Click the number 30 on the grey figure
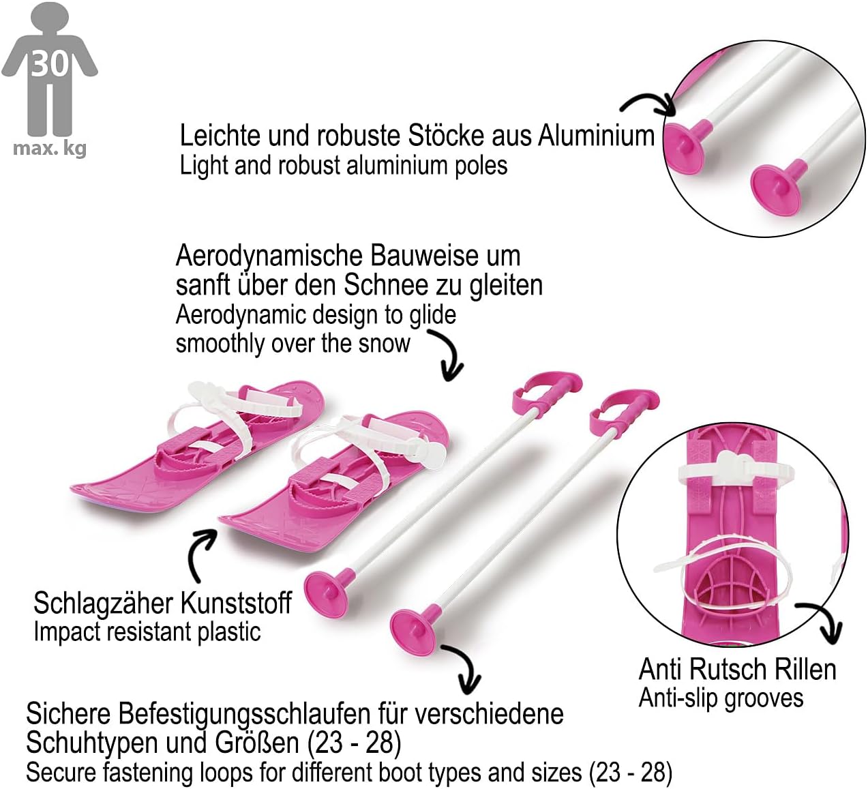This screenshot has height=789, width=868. click(x=50, y=63)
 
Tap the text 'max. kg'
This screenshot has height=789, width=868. click(x=50, y=148)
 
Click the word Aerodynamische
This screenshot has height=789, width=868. click(x=270, y=256)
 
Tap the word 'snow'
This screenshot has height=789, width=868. click(x=385, y=343)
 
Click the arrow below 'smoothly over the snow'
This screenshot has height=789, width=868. click(x=447, y=355)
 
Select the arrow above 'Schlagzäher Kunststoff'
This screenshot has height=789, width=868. click(x=200, y=552)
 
